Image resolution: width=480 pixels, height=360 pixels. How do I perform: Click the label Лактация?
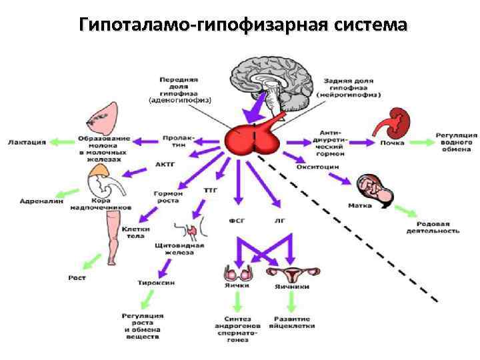(x=27, y=141)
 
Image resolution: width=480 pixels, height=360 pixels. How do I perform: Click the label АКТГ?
(x=165, y=164)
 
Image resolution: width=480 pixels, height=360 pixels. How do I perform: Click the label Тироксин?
(x=157, y=283)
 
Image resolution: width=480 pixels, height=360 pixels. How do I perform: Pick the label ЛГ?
(x=280, y=219)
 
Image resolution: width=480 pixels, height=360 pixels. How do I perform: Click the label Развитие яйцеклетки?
(x=293, y=322)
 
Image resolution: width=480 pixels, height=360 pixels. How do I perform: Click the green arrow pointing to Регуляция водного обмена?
(x=420, y=142)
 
